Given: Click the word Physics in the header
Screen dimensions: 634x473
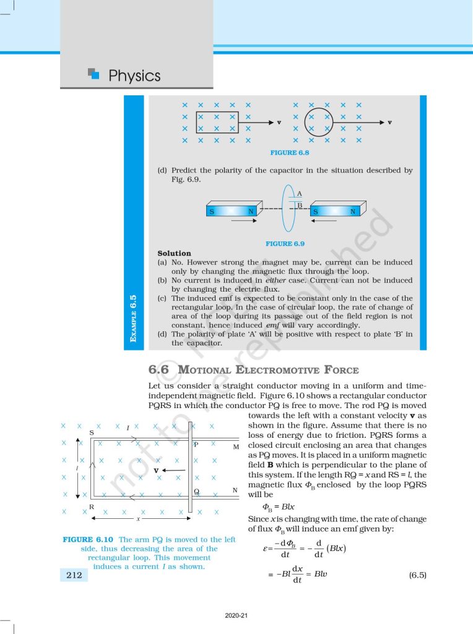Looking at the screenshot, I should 134,76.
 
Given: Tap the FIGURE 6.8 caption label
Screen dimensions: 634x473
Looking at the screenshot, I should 290,152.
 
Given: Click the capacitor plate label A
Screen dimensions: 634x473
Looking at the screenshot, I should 299,194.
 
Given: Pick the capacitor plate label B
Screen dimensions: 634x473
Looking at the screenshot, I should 299,204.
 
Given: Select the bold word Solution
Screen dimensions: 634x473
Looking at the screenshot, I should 174,253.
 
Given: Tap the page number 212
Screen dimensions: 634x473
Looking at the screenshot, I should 74,575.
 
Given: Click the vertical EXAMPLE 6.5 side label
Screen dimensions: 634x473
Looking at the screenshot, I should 133,318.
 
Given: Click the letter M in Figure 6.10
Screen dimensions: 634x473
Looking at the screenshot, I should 236,446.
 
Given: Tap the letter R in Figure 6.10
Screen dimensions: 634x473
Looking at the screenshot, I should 92,506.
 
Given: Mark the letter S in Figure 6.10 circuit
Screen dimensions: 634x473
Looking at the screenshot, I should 92,433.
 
